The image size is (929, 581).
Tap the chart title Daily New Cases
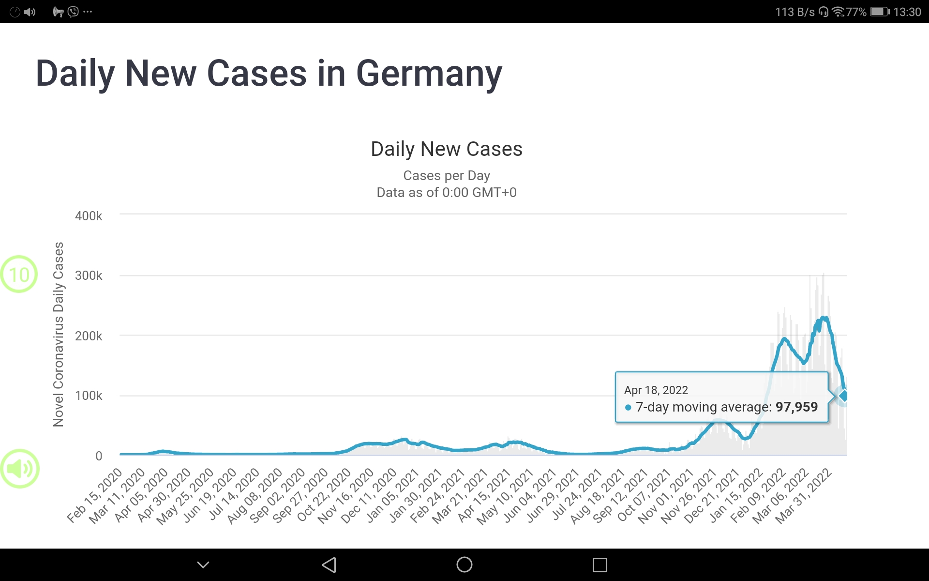(x=446, y=149)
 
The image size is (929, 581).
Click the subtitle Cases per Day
(x=446, y=175)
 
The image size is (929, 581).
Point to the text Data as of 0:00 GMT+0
(x=446, y=193)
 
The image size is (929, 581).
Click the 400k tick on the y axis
(x=89, y=216)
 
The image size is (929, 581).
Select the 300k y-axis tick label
(x=89, y=276)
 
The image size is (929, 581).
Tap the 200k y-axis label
(x=89, y=336)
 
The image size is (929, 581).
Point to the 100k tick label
(x=89, y=396)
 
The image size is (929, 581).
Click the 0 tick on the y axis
(x=99, y=456)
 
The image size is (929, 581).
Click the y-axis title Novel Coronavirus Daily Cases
(x=59, y=334)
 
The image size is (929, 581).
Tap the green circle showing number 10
(x=19, y=275)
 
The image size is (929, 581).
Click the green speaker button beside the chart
(x=20, y=469)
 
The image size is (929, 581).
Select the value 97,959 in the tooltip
(x=796, y=407)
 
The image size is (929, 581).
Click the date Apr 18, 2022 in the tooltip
(x=656, y=390)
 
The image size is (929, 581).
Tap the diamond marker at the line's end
(x=843, y=396)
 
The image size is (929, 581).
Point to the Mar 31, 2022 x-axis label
(x=803, y=496)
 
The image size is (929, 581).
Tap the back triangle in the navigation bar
(x=329, y=565)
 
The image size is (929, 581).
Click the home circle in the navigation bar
(x=464, y=565)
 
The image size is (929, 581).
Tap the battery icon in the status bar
(x=879, y=12)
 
